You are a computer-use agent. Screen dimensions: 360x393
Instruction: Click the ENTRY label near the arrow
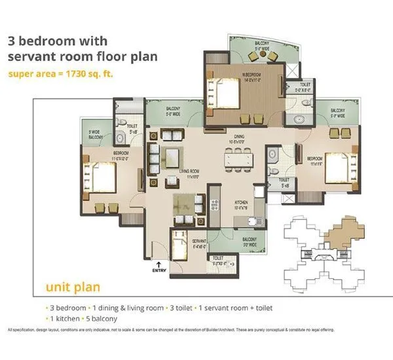[x=158, y=269]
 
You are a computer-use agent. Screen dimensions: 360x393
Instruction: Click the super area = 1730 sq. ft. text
[x=60, y=73]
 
